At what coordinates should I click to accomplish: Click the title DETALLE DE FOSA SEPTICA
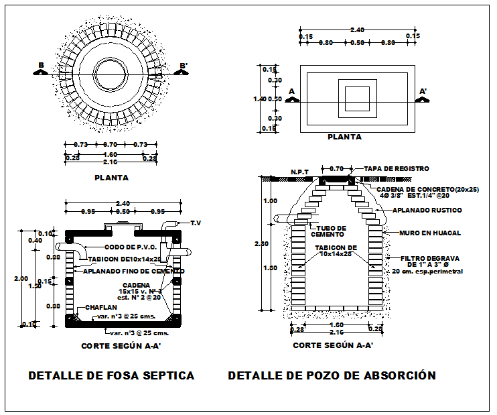pyautogui.click(x=111, y=375)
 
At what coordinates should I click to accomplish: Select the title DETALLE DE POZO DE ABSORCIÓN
pyautogui.click(x=332, y=375)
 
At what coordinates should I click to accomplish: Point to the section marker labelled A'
pyautogui.click(x=423, y=93)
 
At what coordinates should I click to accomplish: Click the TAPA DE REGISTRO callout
pyautogui.click(x=396, y=169)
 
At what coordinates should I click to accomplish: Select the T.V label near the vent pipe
pyautogui.click(x=196, y=223)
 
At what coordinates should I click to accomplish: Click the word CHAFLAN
pyautogui.click(x=100, y=308)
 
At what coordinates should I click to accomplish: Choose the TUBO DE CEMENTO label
pyautogui.click(x=331, y=231)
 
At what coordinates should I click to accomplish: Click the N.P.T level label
pyautogui.click(x=299, y=172)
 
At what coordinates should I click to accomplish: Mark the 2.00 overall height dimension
pyautogui.click(x=22, y=278)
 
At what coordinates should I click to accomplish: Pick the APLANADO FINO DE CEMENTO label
pyautogui.click(x=134, y=271)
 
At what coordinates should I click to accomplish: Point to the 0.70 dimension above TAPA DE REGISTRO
pyautogui.click(x=337, y=168)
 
